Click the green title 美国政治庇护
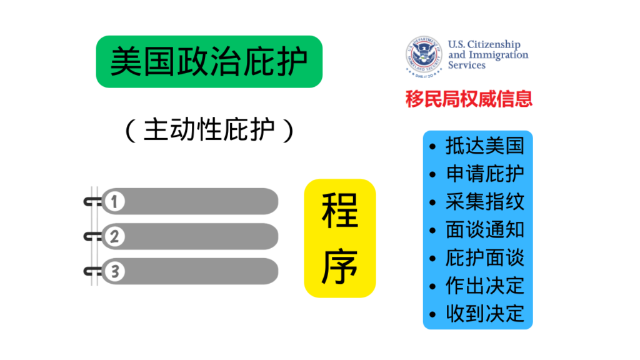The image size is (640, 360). [209, 62]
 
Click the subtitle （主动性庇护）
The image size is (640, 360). [209, 130]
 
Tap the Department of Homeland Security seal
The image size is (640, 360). [424, 56]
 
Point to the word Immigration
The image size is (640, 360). [498, 55]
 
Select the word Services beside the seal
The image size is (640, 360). [466, 65]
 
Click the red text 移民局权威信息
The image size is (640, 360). [469, 99]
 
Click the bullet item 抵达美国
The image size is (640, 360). [485, 146]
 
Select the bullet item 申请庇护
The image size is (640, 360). [485, 174]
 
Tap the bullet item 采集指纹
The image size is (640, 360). [485, 202]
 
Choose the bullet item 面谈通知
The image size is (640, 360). [485, 230]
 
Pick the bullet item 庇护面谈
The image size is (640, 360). [485, 258]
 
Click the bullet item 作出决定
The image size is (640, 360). [485, 286]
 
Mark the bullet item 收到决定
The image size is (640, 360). [485, 314]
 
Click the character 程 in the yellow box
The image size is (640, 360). [340, 211]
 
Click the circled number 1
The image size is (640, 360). [114, 201]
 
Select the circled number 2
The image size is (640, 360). [114, 236]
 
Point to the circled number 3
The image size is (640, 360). [114, 271]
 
